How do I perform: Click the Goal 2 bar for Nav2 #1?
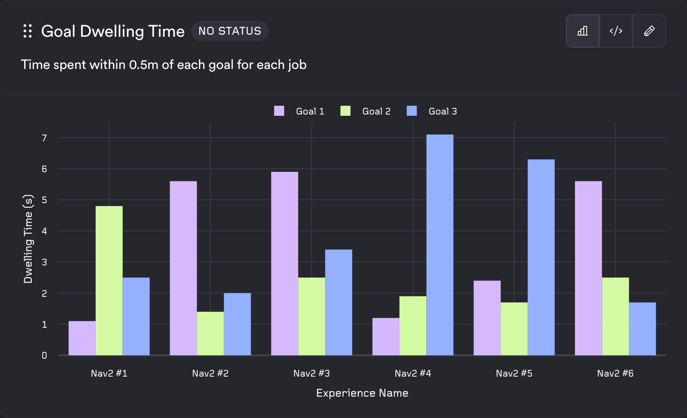(x=109, y=280)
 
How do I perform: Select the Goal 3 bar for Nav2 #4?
(x=440, y=245)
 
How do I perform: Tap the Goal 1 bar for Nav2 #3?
(x=285, y=263)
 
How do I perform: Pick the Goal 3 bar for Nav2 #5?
(x=541, y=257)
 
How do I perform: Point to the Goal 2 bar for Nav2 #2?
(x=210, y=334)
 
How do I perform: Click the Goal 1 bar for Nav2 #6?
(x=588, y=268)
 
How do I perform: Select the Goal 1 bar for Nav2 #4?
(x=386, y=336)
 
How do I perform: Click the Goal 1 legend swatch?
(x=279, y=111)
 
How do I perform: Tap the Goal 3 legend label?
(x=443, y=111)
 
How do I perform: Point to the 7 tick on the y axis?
(x=44, y=138)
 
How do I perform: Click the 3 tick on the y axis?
(x=44, y=263)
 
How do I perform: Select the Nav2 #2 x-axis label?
(x=210, y=373)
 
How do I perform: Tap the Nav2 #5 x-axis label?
(x=514, y=373)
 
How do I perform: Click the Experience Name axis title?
(x=362, y=393)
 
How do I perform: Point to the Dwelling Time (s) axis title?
(x=28, y=239)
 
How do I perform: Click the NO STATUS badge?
(x=230, y=31)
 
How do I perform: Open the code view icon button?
(x=616, y=31)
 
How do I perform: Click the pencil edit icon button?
(x=649, y=31)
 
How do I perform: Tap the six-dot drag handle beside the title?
(x=28, y=31)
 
